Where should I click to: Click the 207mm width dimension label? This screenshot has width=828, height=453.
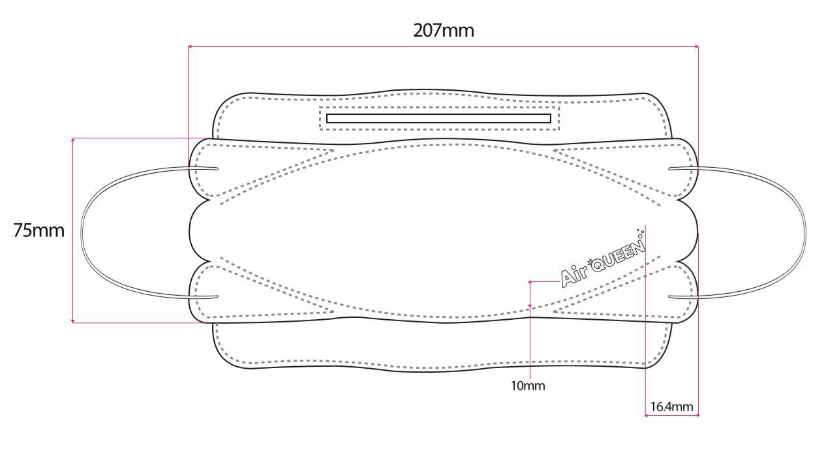[443, 30]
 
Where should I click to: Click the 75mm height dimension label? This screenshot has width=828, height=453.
[38, 230]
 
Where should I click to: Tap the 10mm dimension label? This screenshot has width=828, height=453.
[528, 386]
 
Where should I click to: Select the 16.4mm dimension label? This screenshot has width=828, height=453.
[671, 407]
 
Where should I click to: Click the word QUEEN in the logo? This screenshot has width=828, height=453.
[618, 255]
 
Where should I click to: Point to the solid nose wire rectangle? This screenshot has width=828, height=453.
[438, 118]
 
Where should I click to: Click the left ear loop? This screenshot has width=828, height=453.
[81, 232]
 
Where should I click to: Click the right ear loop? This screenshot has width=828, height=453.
[806, 232]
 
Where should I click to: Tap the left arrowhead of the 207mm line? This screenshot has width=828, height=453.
[189, 46]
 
